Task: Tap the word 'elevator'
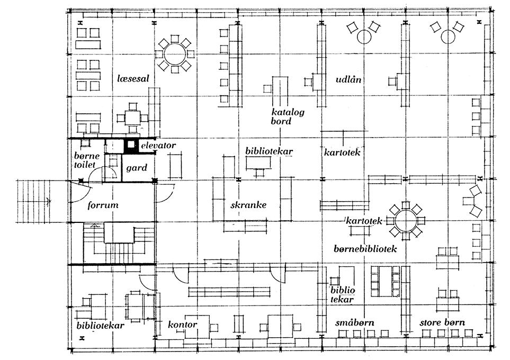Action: [x=157, y=145]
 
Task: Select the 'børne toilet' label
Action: [x=84, y=160]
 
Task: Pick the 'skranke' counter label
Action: [x=248, y=204]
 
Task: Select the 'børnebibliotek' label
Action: [x=366, y=247]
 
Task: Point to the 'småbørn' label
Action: [x=353, y=322]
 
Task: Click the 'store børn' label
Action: [x=442, y=322]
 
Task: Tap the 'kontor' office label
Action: [x=183, y=324]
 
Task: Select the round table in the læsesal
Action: [x=174, y=53]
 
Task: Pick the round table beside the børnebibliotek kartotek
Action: [x=405, y=221]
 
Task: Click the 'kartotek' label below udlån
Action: [x=342, y=152]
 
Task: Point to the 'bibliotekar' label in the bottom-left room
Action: [x=101, y=325]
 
